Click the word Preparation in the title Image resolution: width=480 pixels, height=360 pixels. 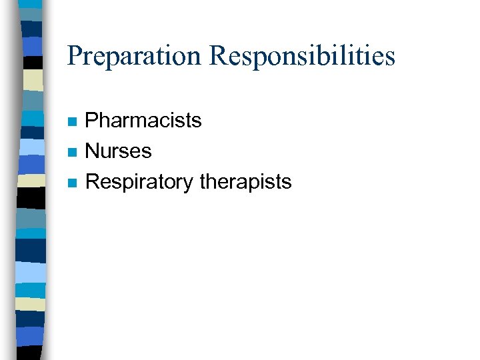click(134, 56)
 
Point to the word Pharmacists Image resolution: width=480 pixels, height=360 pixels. click(143, 121)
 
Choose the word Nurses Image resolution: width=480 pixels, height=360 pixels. click(119, 151)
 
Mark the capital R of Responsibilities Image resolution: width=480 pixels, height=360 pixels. click(217, 55)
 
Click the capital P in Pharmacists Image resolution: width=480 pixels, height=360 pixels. click(92, 121)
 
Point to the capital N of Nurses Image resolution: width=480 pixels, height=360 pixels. click(93, 151)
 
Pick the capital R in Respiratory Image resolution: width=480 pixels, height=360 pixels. click(93, 181)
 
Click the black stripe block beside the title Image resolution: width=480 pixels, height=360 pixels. click(31, 62)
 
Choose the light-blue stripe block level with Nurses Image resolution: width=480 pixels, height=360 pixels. click(31, 147)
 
